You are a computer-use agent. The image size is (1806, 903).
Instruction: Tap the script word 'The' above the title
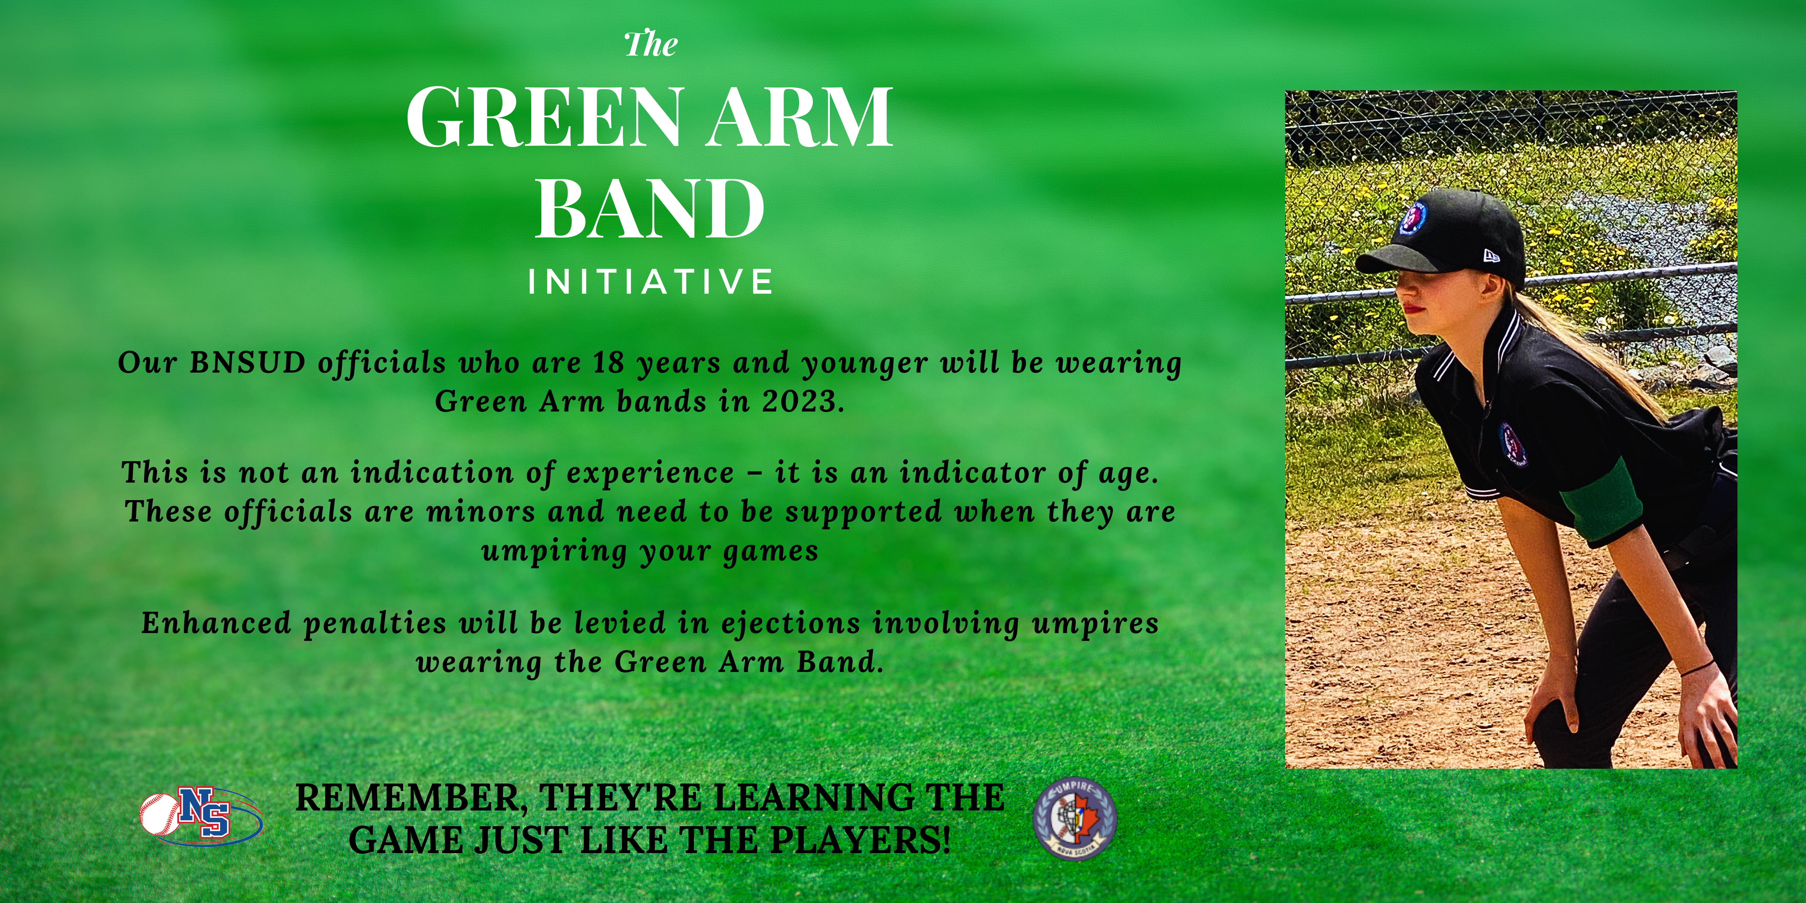click(x=651, y=44)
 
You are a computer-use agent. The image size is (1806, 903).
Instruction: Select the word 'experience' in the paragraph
click(x=650, y=473)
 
